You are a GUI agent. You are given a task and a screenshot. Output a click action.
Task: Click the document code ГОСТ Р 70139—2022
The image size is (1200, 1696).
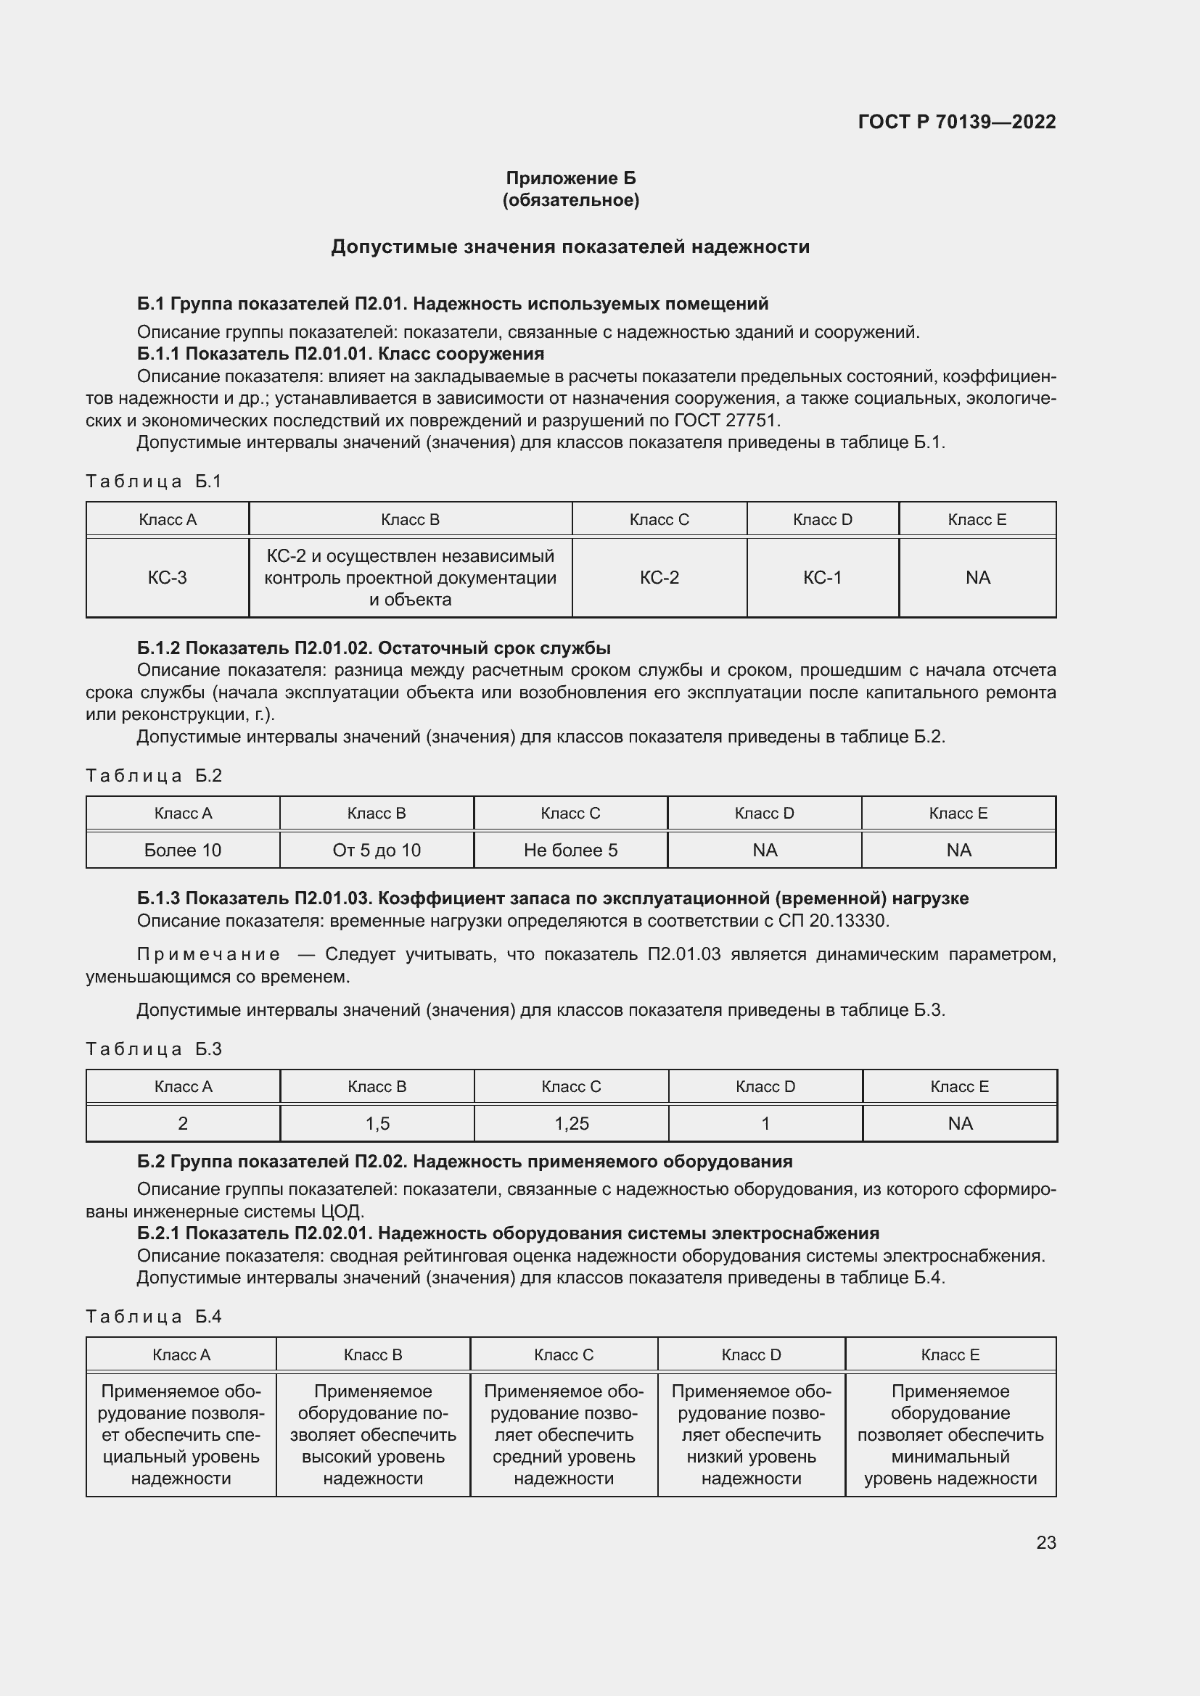[956, 122]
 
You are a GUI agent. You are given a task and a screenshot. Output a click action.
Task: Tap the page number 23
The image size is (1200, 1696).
[1045, 1542]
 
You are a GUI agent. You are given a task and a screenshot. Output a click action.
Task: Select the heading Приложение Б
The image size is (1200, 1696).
[570, 178]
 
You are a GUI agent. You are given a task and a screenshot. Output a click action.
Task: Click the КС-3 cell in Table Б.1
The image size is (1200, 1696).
[167, 578]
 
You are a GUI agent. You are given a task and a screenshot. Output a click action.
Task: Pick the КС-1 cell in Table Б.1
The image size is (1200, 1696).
[822, 578]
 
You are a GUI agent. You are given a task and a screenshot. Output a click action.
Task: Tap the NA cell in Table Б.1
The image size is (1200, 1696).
[977, 578]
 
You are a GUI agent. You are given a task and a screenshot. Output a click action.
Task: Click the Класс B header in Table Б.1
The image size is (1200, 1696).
[410, 519]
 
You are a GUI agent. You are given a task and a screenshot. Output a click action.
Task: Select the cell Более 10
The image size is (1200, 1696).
[183, 851]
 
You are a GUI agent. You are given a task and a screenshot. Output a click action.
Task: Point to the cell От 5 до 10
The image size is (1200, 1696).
[376, 851]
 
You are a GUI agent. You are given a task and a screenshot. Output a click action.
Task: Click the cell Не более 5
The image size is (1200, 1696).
[570, 851]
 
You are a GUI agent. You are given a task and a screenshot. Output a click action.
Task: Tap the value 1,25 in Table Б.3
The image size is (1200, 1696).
[571, 1123]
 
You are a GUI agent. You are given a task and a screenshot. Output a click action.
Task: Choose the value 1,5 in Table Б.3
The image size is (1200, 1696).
[377, 1123]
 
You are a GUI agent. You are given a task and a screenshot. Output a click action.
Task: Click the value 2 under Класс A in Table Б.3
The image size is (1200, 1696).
[183, 1123]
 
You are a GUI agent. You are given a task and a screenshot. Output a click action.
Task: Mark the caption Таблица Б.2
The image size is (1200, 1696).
[154, 776]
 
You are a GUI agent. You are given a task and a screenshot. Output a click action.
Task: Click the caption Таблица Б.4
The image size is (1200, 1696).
[154, 1316]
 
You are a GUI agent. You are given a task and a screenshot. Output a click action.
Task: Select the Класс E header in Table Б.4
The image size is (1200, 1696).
[950, 1354]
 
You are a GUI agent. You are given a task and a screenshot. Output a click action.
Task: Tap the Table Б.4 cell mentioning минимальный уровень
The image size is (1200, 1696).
[950, 1435]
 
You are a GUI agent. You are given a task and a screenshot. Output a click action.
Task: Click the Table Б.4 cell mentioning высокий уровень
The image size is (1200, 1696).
[372, 1435]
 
